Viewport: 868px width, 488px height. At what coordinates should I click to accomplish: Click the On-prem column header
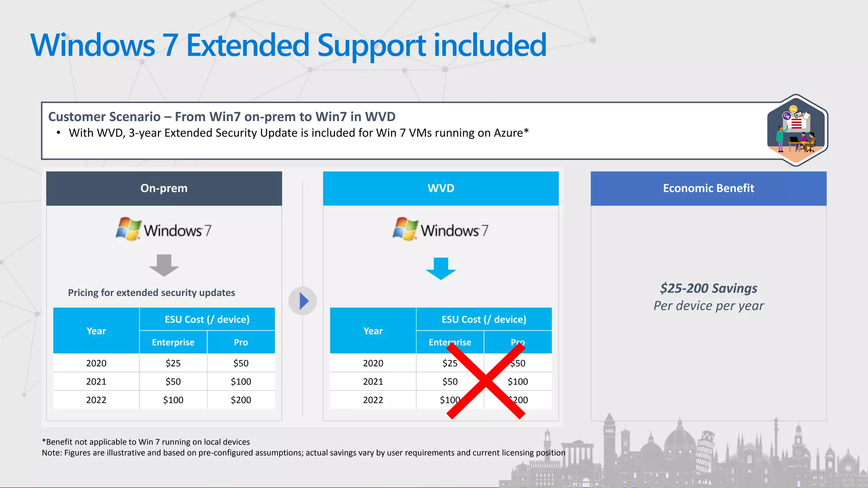[x=164, y=188]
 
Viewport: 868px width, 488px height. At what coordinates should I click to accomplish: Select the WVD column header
[x=441, y=188]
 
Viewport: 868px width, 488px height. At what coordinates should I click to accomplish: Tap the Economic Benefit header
[x=708, y=188]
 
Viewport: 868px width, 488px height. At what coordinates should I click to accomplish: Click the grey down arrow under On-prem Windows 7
[x=164, y=265]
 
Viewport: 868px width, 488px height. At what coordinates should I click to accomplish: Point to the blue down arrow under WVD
[x=441, y=268]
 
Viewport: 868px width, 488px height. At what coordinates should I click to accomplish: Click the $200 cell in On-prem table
[x=241, y=400]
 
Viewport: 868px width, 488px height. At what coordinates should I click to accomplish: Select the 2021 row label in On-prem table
[x=96, y=382]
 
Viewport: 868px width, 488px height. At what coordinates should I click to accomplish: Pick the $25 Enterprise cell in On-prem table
[x=173, y=363]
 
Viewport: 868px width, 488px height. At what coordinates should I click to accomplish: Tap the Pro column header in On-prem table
[x=241, y=342]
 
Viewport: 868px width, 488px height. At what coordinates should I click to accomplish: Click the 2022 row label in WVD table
[x=373, y=400]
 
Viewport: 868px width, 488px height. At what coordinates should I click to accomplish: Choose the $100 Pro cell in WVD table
[x=518, y=382]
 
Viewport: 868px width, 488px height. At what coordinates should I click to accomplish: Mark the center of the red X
[x=486, y=381]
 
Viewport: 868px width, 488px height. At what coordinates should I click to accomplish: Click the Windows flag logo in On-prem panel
[x=128, y=229]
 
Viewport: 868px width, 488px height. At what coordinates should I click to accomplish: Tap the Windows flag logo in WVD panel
[x=405, y=229]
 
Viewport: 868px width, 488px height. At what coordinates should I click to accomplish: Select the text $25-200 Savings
[x=708, y=288]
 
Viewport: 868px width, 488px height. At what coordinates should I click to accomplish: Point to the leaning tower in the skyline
[x=704, y=451]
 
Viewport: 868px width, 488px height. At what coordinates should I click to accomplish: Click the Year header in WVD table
[x=373, y=331]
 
